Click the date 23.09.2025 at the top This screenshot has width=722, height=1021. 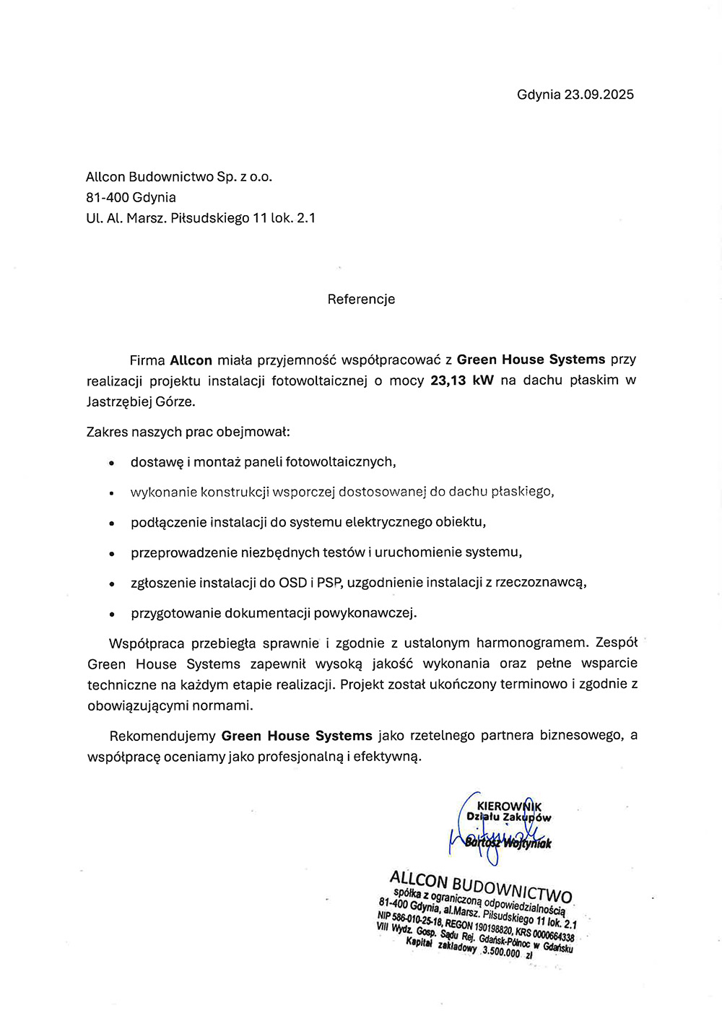599,95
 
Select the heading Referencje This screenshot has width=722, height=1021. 361,299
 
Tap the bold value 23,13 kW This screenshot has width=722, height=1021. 462,381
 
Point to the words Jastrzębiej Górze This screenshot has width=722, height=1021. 141,401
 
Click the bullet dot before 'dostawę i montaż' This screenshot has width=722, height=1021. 112,463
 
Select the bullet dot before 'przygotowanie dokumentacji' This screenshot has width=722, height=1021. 112,614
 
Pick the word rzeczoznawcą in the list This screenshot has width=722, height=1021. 541,583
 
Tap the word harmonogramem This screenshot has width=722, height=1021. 533,643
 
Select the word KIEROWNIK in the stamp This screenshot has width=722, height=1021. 509,806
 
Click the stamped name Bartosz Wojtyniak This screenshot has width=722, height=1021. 508,843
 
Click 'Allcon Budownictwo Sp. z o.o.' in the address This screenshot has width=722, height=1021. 179,177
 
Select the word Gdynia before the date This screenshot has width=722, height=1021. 539,95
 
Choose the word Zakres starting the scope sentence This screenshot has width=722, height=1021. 106,432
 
